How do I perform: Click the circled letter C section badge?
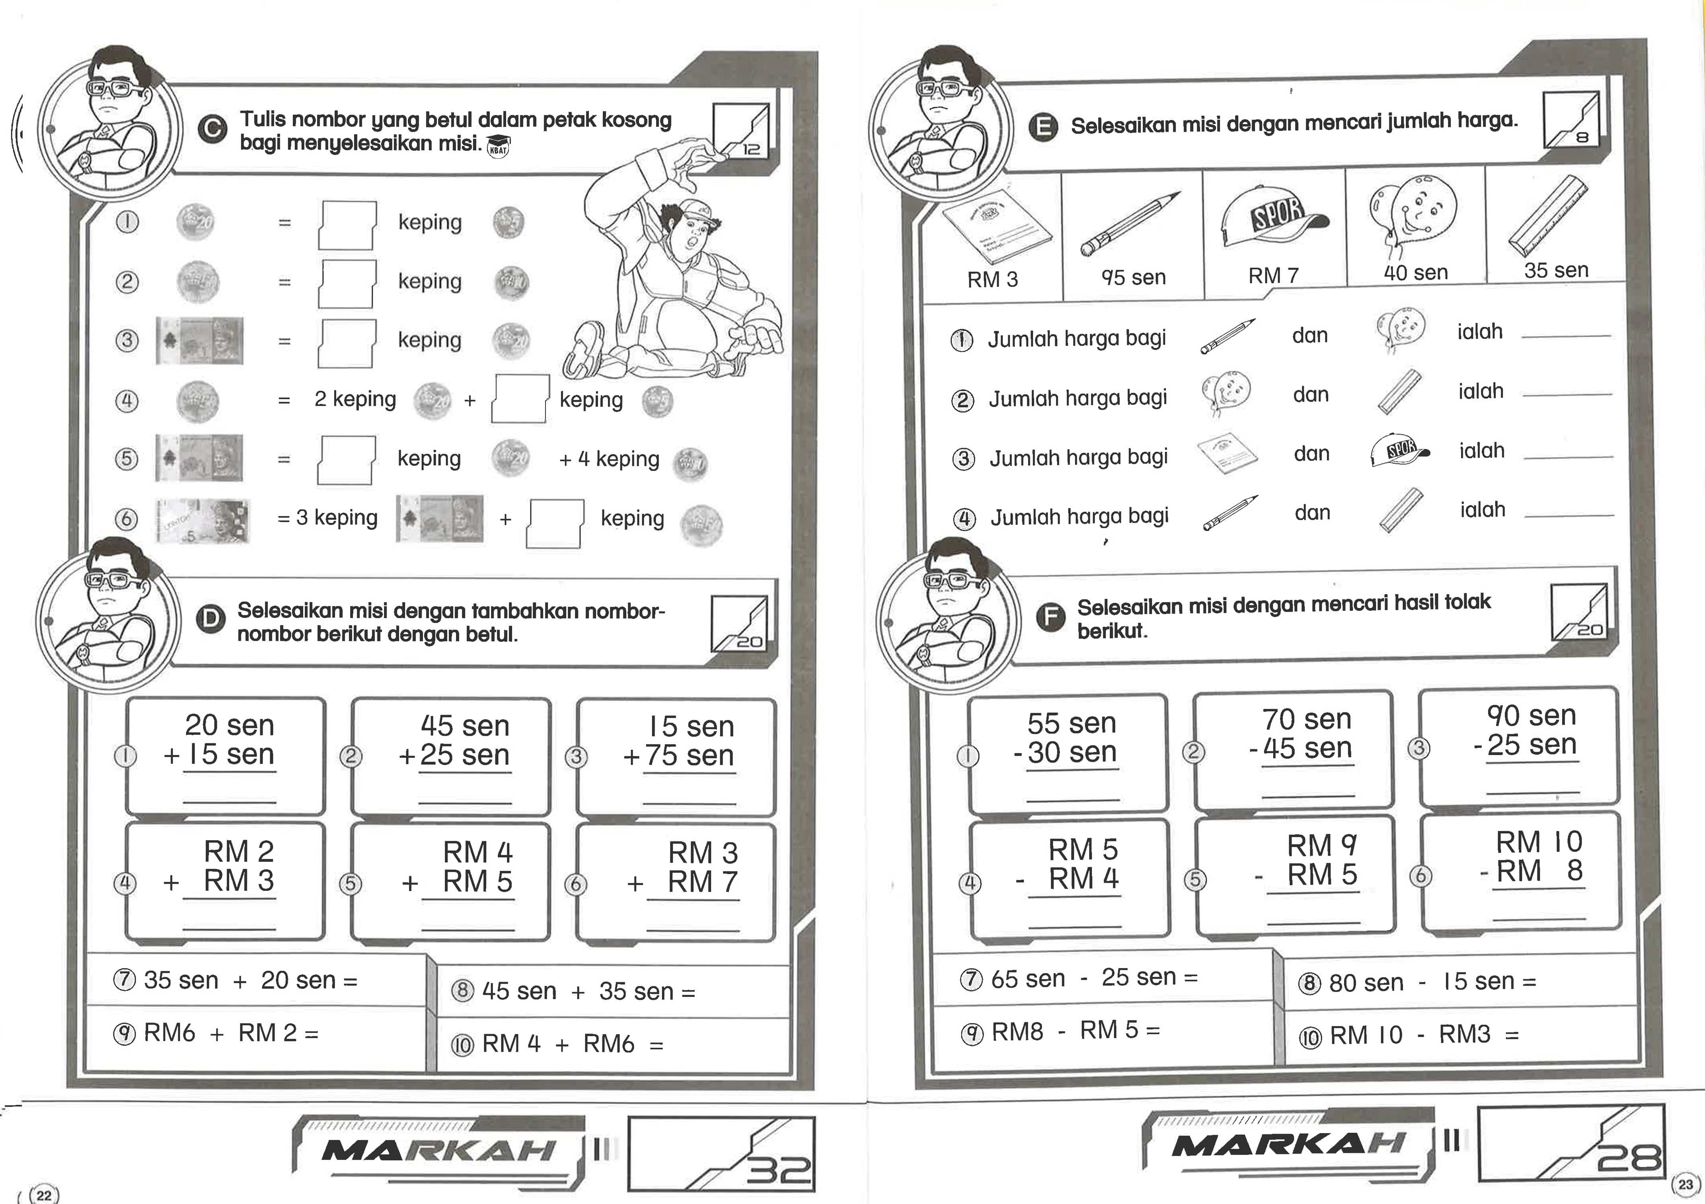[212, 130]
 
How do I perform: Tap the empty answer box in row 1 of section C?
[347, 225]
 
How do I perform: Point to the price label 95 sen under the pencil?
[1133, 277]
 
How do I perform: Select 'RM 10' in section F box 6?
[1539, 842]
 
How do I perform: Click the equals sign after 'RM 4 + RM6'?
[656, 1046]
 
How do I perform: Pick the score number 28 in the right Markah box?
[1629, 1158]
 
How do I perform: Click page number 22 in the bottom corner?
[45, 1194]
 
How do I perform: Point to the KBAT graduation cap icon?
[498, 147]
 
